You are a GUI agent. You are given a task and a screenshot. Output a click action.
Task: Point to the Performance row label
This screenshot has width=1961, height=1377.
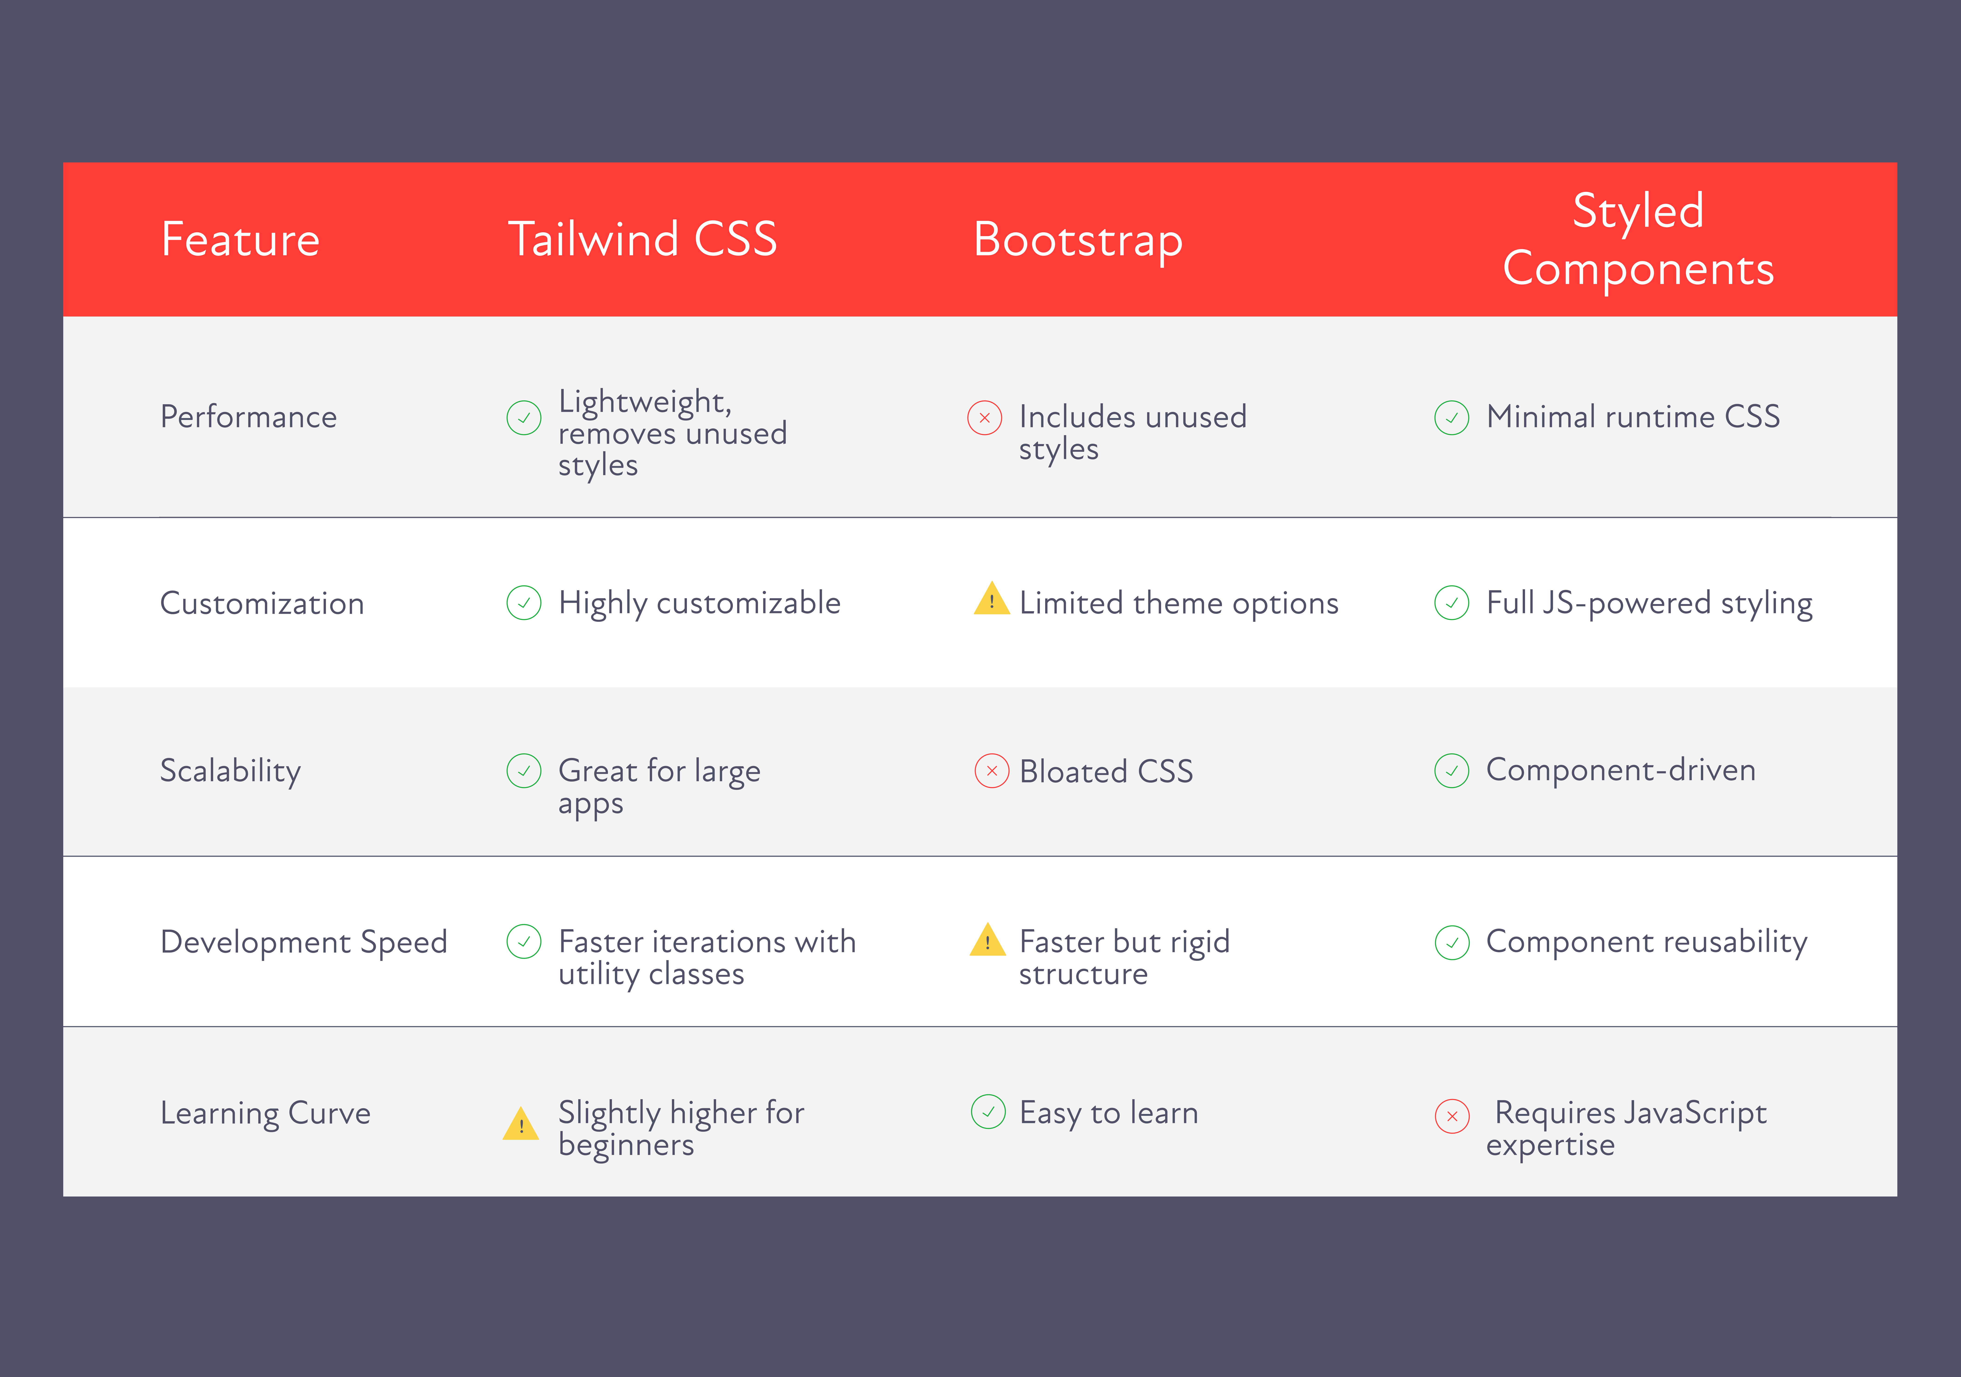click(249, 417)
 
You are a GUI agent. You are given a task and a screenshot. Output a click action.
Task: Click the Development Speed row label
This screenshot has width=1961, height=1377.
click(304, 943)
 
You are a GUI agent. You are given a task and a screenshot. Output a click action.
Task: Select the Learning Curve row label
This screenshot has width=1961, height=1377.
click(266, 1113)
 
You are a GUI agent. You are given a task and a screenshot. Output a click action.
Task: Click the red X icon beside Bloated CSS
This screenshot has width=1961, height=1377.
click(992, 771)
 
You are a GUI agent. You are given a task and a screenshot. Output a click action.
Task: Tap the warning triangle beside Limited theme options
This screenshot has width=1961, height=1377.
click(992, 599)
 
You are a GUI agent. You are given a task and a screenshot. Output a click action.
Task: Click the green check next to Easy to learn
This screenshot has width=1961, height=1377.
click(988, 1111)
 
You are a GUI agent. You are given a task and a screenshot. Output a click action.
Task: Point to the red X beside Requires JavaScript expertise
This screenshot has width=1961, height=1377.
click(1452, 1116)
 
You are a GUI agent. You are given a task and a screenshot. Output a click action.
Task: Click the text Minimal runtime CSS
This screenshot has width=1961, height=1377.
click(1633, 417)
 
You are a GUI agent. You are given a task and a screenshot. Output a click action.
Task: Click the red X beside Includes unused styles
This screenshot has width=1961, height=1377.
click(985, 417)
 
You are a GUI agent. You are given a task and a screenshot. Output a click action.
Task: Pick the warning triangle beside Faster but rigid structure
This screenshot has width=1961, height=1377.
click(988, 940)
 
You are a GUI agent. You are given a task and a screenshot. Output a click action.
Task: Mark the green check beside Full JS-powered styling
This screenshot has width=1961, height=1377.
click(1452, 603)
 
